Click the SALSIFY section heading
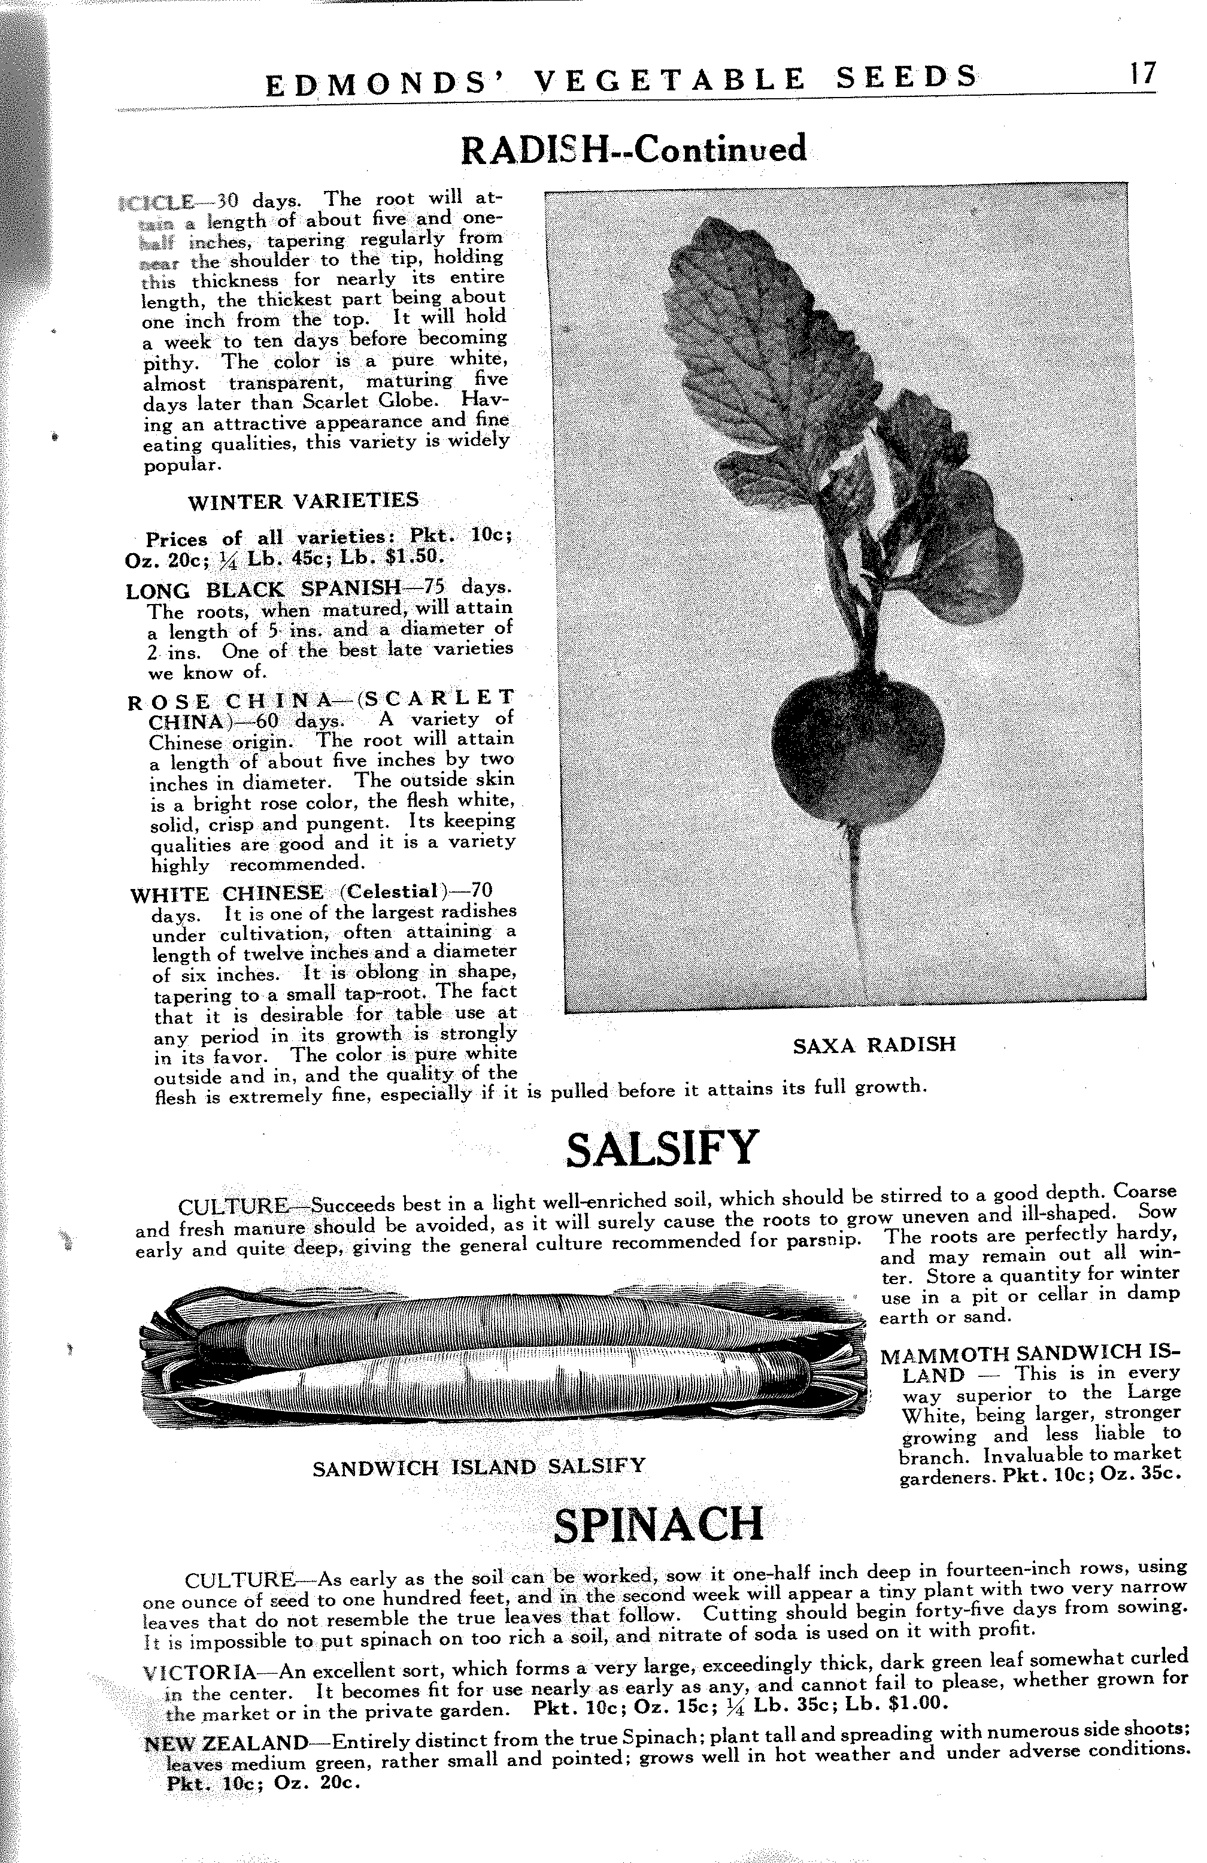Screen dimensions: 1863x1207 pos(662,1148)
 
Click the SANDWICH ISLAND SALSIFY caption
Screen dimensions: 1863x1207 pos(479,1466)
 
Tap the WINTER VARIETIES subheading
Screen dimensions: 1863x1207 pos(304,500)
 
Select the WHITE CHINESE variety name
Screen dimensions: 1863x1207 pos(226,893)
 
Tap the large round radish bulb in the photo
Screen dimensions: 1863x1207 pos(857,736)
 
